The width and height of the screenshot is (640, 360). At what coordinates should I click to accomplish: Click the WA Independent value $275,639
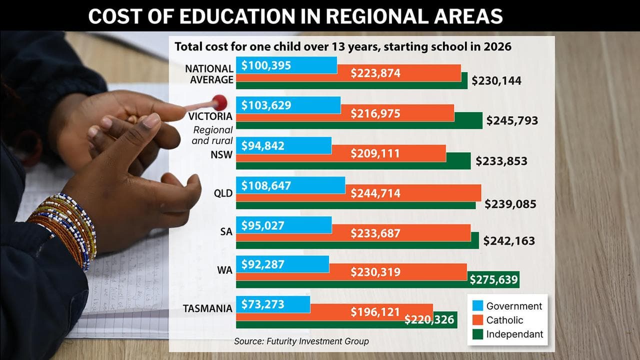pyautogui.click(x=493, y=279)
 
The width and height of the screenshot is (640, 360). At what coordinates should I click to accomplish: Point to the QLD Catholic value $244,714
pyautogui.click(x=375, y=192)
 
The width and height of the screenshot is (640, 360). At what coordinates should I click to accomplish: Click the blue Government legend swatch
pyautogui.click(x=477, y=306)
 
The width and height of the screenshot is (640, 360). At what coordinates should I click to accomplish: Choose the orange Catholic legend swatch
pyautogui.click(x=477, y=320)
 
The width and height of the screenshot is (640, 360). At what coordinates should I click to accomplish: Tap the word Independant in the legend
pyautogui.click(x=514, y=334)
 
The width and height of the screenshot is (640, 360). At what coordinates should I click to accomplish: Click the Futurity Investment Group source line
pyautogui.click(x=301, y=341)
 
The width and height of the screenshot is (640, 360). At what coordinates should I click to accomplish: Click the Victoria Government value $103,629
pyautogui.click(x=266, y=105)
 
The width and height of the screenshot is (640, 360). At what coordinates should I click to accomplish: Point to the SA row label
pyautogui.click(x=226, y=231)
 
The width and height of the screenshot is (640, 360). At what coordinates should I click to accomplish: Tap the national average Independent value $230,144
pyautogui.click(x=496, y=80)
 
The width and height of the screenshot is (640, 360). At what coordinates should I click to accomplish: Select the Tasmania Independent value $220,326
pyautogui.click(x=429, y=319)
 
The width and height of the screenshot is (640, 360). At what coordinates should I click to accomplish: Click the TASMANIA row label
pyautogui.click(x=207, y=308)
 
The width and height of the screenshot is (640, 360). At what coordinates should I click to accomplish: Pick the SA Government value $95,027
pyautogui.click(x=262, y=225)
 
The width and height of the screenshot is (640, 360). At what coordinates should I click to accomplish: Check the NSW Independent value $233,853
pyautogui.click(x=501, y=161)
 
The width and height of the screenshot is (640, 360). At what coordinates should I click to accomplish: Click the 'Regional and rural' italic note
pyautogui.click(x=213, y=135)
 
